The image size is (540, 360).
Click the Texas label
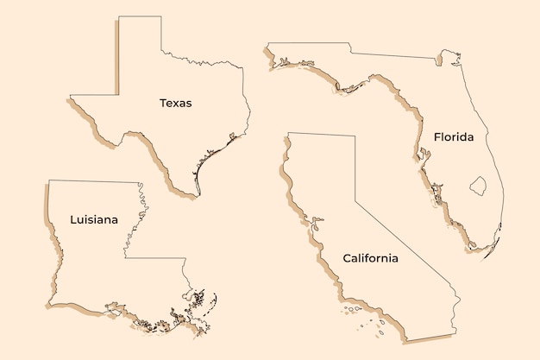[x=175, y=103]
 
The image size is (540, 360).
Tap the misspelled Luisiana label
[x=94, y=219]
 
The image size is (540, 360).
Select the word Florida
[x=454, y=136]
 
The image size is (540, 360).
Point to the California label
[x=370, y=258]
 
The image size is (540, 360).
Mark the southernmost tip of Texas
[x=198, y=196]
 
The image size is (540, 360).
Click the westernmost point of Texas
[x=71, y=96]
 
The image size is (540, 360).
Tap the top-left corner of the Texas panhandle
[x=119, y=16]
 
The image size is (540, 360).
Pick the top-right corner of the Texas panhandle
[x=161, y=16]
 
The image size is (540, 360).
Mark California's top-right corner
[x=355, y=135]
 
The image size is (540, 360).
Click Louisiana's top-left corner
[x=49, y=180]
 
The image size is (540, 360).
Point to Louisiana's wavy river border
[x=137, y=216]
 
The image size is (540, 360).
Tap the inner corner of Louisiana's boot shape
[x=125, y=257]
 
